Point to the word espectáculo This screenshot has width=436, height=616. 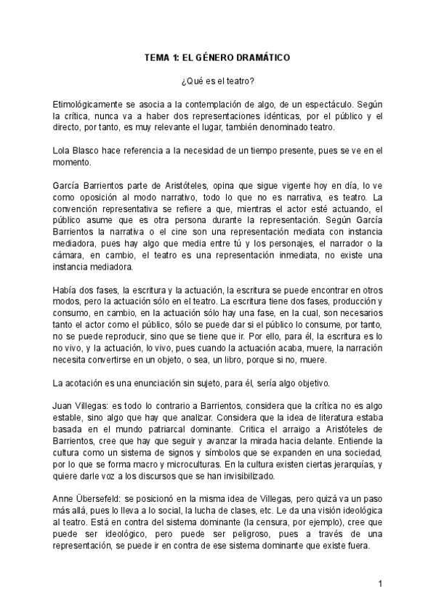coord(328,104)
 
